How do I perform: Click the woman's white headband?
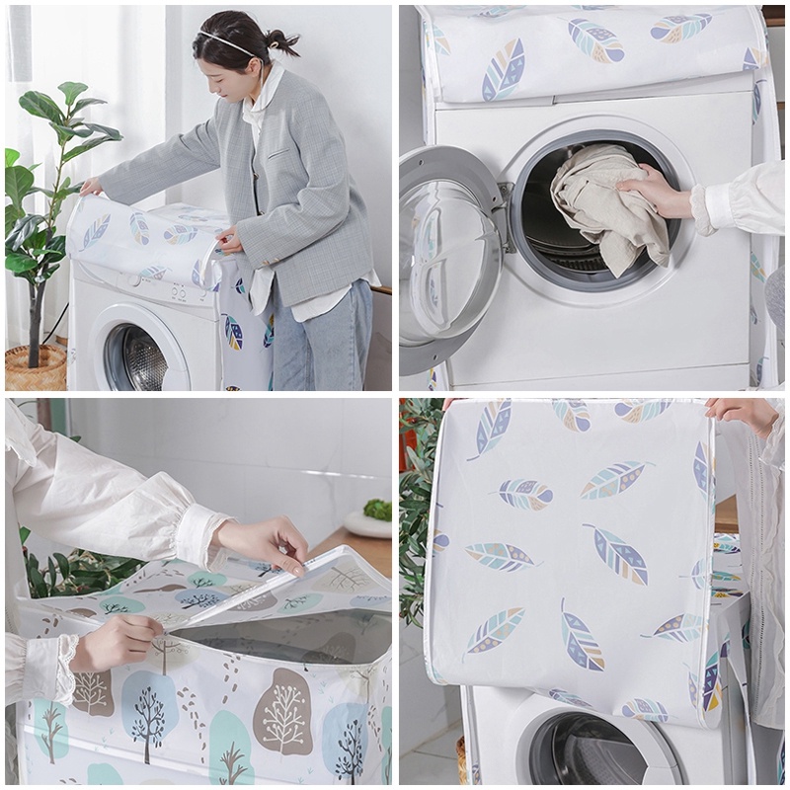[225, 41]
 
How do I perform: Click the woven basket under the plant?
[36, 367]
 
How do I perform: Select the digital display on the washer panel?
[179, 291]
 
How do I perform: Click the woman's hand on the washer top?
[92, 186]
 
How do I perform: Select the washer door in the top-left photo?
[143, 356]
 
